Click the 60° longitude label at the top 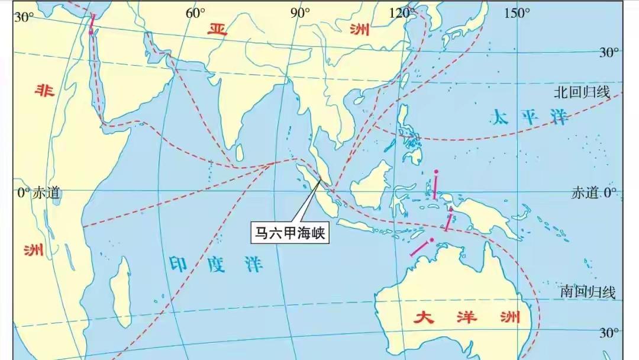coord(196,14)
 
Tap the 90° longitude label coord(300,14)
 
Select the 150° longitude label coord(517,14)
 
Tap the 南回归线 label coord(588,292)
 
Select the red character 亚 coord(217,30)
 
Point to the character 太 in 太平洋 coord(499,118)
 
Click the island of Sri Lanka coord(240,152)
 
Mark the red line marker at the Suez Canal coord(92,24)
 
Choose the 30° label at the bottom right coord(605,332)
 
